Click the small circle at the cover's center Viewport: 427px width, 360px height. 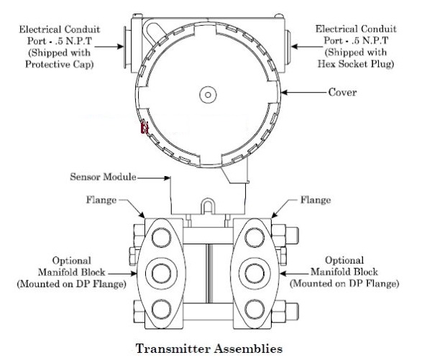[x=208, y=95]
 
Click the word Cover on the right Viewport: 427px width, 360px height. [x=342, y=92]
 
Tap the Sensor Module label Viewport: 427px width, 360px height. [x=104, y=177]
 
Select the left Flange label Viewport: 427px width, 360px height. [x=101, y=200]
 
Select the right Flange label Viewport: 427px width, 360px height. [x=316, y=200]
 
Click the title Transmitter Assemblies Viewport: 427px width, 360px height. [x=209, y=349]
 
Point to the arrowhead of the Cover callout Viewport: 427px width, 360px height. [x=284, y=93]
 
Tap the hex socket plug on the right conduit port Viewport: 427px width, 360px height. [x=288, y=47]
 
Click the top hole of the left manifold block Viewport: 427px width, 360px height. [x=161, y=237]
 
